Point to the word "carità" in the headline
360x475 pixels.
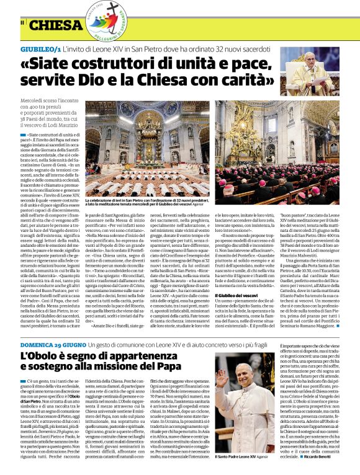(231, 81)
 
